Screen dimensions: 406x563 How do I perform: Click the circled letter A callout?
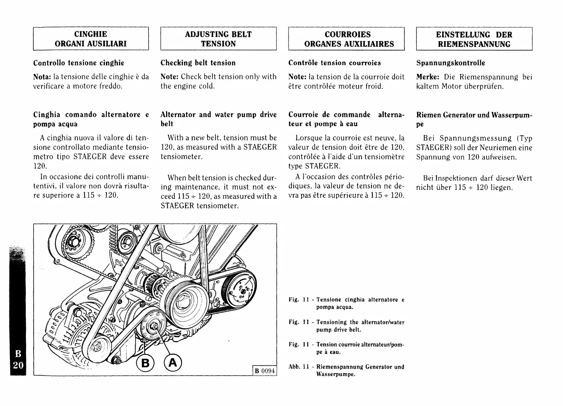(173, 362)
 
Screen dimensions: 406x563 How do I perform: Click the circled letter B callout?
(145, 363)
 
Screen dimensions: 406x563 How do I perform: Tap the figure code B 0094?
(264, 371)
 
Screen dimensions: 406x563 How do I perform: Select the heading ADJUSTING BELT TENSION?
(218, 39)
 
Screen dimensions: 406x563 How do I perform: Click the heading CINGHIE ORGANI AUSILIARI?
(90, 39)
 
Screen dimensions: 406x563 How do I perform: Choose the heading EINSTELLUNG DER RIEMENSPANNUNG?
(474, 39)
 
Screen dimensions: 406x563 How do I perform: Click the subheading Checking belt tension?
(198, 63)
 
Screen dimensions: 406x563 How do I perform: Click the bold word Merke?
(428, 77)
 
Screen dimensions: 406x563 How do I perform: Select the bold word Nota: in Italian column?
(42, 77)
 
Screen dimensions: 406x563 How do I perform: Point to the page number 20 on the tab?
(18, 366)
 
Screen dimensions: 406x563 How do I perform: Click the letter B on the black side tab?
(18, 354)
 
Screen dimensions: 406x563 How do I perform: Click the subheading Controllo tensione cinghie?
(78, 63)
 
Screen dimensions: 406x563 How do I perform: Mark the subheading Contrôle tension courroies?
(335, 63)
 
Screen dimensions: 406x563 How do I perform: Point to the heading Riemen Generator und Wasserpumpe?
(474, 119)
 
